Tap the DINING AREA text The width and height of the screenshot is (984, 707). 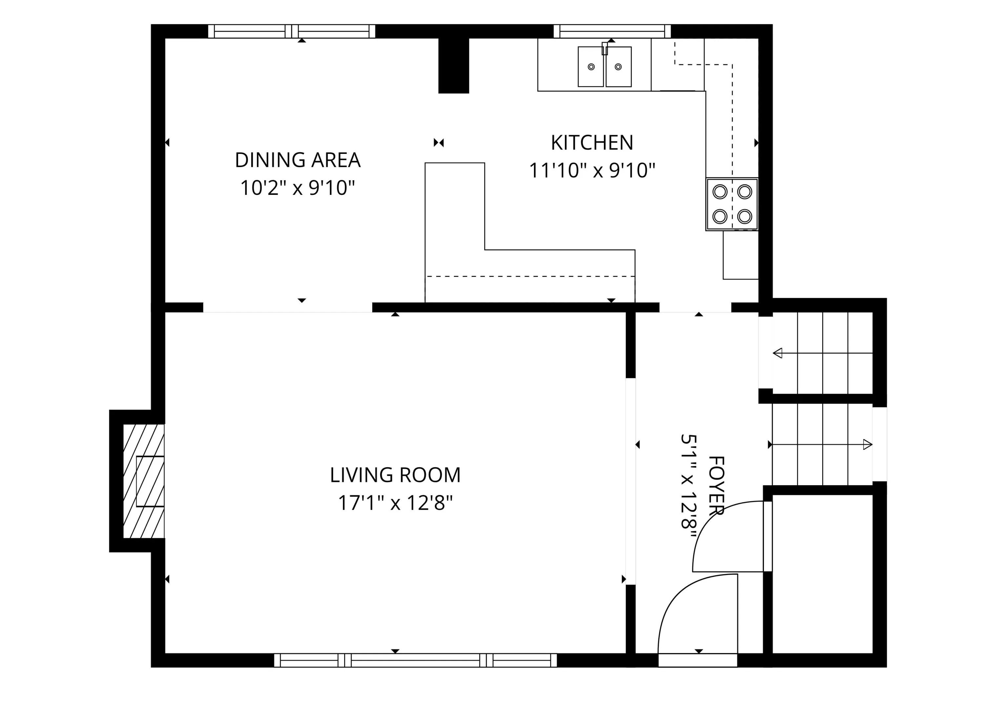pos(297,160)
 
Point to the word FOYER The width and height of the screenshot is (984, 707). pos(716,486)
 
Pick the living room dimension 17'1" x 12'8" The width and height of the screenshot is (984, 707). pos(395,503)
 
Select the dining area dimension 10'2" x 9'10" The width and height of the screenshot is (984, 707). pos(297,188)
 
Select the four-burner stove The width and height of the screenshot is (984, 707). pos(732,204)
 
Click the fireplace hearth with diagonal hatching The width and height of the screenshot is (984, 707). pos(144,481)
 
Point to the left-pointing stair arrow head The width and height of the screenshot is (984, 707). pos(777,353)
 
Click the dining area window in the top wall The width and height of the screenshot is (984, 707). pos(292,31)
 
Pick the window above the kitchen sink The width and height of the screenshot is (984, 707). pos(612,31)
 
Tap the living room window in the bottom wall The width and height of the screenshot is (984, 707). pos(416,660)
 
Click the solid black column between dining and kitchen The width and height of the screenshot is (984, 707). pos(453,65)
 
